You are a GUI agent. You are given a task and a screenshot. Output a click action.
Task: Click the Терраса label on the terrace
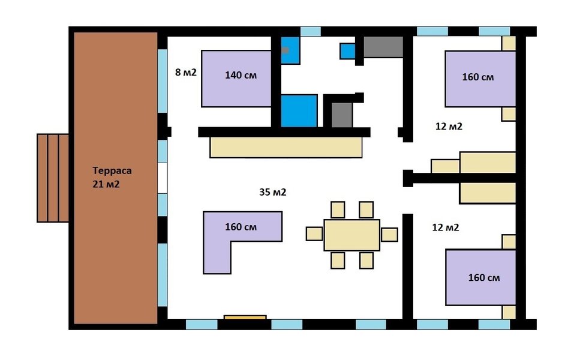[x=112, y=170]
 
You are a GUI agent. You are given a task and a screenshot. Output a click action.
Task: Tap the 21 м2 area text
[x=106, y=184]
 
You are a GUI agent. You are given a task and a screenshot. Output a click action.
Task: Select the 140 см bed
[x=236, y=79]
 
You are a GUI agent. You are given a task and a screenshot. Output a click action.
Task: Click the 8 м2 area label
[x=186, y=72]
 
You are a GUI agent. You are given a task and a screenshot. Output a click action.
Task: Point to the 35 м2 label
[x=272, y=192]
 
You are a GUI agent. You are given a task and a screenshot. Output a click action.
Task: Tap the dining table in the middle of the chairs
[x=351, y=235]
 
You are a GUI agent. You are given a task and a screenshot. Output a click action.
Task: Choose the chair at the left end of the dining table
[x=314, y=234]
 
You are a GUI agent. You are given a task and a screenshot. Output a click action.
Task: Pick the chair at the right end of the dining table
[x=389, y=235]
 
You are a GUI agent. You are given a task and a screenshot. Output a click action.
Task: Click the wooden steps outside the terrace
[x=53, y=178]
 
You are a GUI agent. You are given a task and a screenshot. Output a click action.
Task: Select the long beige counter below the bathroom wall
[x=286, y=147]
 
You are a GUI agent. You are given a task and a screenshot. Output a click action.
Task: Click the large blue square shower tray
[x=299, y=111]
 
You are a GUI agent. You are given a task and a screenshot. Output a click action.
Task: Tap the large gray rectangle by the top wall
[x=383, y=47]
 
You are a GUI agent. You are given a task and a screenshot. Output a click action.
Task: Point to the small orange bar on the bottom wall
[x=245, y=317]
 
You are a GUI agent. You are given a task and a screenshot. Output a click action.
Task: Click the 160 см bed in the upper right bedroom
[x=480, y=79]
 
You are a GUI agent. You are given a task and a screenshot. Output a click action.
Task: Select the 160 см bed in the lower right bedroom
[x=480, y=277]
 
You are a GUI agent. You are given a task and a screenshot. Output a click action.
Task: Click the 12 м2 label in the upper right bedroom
[x=449, y=127]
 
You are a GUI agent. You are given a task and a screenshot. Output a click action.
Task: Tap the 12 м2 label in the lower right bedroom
[x=446, y=227]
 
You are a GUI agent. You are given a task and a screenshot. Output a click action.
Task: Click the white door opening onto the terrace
[x=163, y=178]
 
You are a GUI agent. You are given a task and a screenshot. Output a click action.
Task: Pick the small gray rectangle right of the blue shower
[x=342, y=115]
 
